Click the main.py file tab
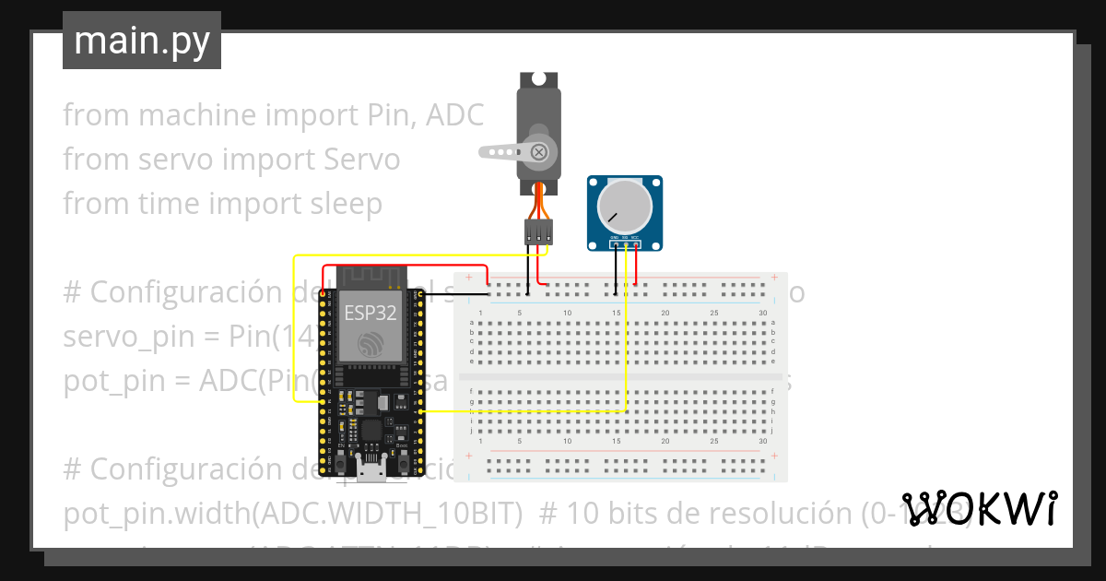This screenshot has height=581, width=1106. [141, 41]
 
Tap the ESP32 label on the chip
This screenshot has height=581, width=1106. [371, 313]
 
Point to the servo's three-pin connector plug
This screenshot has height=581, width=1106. [538, 231]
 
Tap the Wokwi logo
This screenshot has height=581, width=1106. [979, 508]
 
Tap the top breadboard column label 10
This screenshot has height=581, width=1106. [567, 314]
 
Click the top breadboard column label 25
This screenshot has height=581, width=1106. [714, 314]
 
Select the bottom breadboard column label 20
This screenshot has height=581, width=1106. [665, 442]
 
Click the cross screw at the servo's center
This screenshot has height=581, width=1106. [540, 151]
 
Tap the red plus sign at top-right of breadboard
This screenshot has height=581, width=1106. [774, 277]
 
